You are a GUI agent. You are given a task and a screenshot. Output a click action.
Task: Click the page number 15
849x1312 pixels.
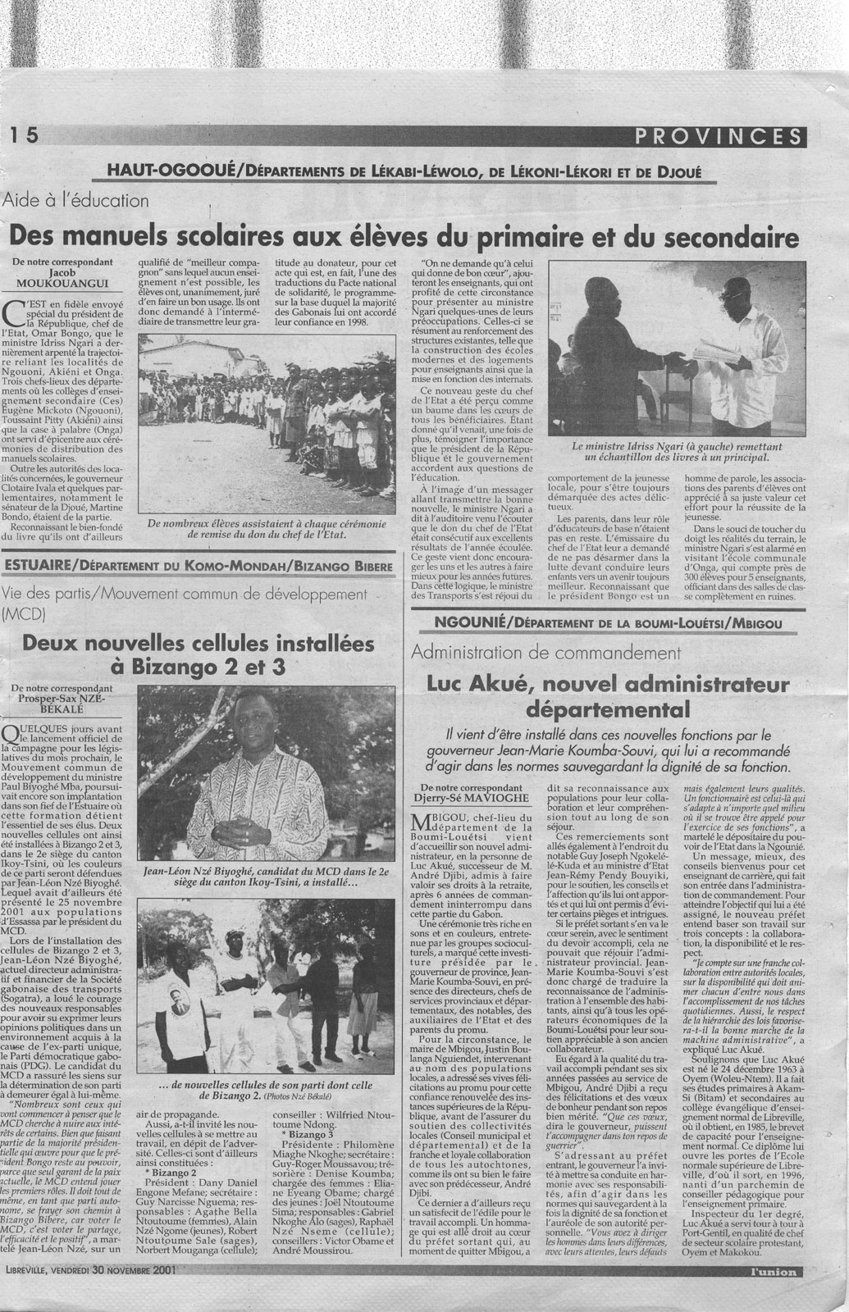coord(25,137)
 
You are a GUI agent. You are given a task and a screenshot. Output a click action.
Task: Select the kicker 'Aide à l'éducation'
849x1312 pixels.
coord(76,200)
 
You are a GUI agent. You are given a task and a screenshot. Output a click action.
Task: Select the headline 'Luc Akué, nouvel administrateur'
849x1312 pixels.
coord(608,694)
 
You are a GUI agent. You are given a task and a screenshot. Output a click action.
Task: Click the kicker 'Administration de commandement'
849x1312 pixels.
coord(547,653)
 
